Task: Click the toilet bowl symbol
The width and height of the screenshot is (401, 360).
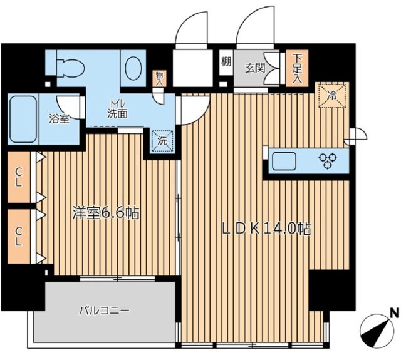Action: click(x=70, y=68)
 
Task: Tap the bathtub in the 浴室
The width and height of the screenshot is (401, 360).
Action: click(x=23, y=119)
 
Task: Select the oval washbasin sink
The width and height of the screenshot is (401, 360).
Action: click(x=133, y=68)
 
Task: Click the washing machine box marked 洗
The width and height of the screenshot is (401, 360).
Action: click(x=162, y=141)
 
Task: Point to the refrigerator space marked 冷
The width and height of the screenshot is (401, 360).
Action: click(x=332, y=95)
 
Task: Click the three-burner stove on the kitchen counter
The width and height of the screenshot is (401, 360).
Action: click(x=328, y=161)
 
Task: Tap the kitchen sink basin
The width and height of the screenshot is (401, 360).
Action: click(x=284, y=161)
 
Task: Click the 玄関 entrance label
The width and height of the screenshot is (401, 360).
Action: click(x=255, y=68)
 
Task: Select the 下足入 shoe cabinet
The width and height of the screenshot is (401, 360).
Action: click(x=297, y=68)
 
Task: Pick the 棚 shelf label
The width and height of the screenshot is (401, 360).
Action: click(x=226, y=61)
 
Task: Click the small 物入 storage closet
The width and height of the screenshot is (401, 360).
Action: click(x=159, y=78)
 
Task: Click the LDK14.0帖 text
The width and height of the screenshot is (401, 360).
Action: click(x=266, y=229)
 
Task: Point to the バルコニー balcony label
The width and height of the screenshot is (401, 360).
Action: click(x=104, y=311)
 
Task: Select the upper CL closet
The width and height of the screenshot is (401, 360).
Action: click(x=19, y=177)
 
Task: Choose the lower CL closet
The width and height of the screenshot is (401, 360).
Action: click(x=19, y=236)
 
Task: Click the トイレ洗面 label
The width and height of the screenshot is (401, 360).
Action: click(x=117, y=110)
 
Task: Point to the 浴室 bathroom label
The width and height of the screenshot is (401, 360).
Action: click(x=60, y=118)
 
